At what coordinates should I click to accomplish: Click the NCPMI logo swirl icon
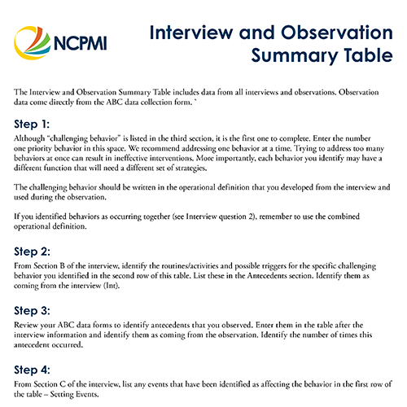click(32, 39)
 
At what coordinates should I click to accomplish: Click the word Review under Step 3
click(28, 326)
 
